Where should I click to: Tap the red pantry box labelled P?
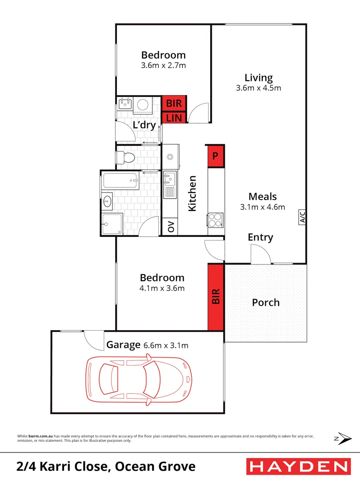click(216, 156)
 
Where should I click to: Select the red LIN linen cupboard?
click(174, 118)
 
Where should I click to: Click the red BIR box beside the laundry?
click(174, 104)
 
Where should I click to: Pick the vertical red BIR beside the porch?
click(216, 297)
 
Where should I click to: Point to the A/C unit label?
click(302, 217)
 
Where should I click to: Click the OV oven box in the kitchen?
click(170, 227)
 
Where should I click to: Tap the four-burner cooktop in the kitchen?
click(216, 220)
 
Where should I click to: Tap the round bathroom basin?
click(107, 202)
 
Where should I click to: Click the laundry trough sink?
click(125, 104)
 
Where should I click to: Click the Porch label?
click(266, 303)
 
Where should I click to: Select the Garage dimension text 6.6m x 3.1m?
click(166, 345)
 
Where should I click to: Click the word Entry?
click(260, 237)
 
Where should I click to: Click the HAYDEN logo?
click(298, 466)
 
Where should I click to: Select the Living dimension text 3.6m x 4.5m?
click(258, 88)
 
